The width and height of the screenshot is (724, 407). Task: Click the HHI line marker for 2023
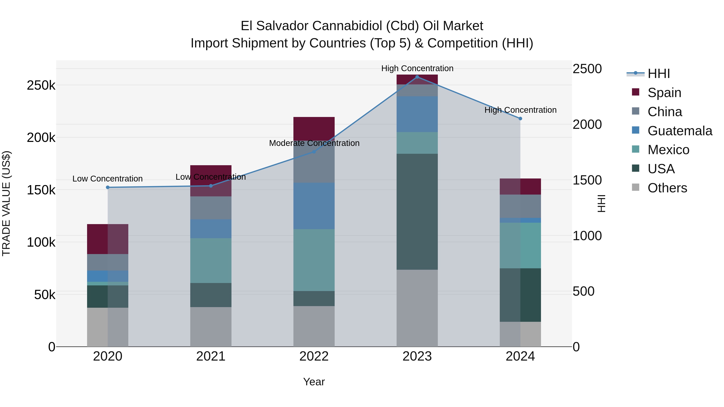coord(417,77)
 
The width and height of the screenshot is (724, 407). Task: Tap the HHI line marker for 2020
coord(108,187)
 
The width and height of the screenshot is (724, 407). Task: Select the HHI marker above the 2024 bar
coord(520,119)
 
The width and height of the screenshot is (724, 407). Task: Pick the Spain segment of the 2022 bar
coord(314,129)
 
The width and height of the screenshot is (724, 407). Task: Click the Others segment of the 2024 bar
coord(520,334)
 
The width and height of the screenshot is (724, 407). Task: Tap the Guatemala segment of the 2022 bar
coord(314,206)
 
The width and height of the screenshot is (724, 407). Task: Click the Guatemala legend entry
coord(680,131)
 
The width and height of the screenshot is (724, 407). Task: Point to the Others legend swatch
coord(636,187)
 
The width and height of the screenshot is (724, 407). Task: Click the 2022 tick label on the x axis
coord(314,356)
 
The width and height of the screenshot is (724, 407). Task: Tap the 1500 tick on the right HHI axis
coord(587,180)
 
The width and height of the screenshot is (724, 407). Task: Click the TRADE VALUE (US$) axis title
coord(6,203)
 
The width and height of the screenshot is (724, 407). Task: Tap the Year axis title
coord(314,382)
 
